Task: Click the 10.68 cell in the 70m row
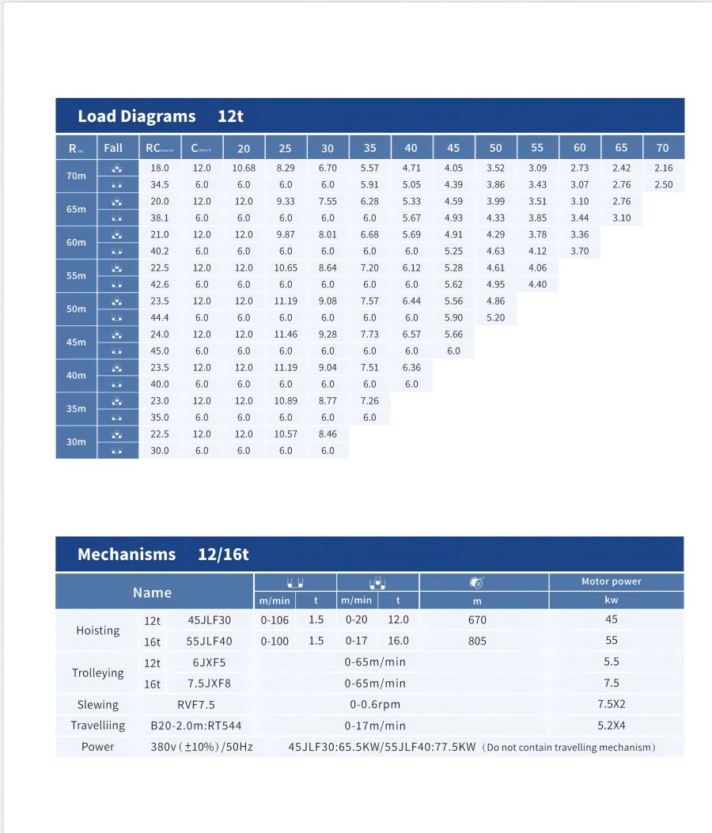(244, 168)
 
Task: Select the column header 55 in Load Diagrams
(537, 148)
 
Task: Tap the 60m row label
(76, 243)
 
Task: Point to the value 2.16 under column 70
(663, 168)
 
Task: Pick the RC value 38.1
(160, 218)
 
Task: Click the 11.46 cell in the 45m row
(286, 335)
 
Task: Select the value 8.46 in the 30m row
(328, 434)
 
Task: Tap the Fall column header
(113, 148)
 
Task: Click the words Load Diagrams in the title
(136, 116)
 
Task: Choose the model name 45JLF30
(210, 620)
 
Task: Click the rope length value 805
(477, 642)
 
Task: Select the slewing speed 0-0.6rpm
(375, 705)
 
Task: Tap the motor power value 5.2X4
(611, 725)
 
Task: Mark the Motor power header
(611, 581)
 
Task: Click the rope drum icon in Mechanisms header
(476, 583)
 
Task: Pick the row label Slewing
(97, 705)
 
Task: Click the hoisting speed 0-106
(275, 620)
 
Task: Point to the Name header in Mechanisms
(152, 593)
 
